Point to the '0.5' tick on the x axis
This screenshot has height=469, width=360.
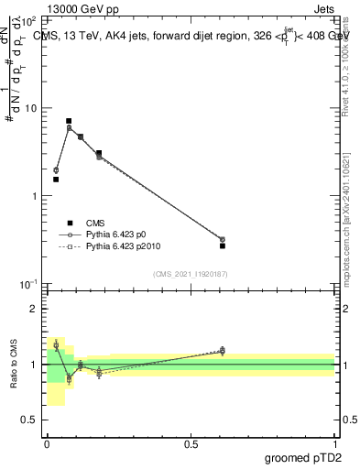click(x=191, y=444)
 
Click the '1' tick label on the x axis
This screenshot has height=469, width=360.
click(x=334, y=444)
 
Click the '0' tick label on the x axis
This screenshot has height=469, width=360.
click(x=47, y=444)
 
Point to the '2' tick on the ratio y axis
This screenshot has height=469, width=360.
click(x=34, y=309)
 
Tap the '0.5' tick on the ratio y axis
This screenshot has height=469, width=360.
click(x=30, y=420)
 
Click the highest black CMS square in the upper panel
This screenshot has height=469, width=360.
click(x=69, y=121)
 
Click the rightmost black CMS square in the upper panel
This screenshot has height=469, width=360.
click(x=223, y=245)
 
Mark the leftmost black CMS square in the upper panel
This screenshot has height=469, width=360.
click(x=56, y=180)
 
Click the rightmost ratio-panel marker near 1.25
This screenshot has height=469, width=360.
click(x=223, y=350)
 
